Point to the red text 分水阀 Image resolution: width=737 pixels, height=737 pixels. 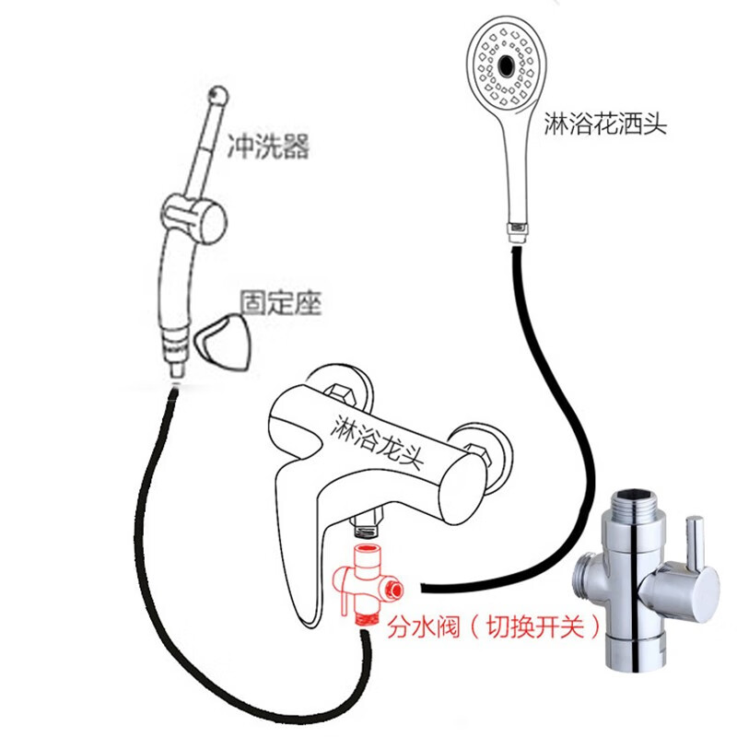click(x=414, y=628)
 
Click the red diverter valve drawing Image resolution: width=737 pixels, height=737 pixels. click(x=367, y=583)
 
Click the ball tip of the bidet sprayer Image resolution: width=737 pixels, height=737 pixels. click(x=218, y=94)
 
